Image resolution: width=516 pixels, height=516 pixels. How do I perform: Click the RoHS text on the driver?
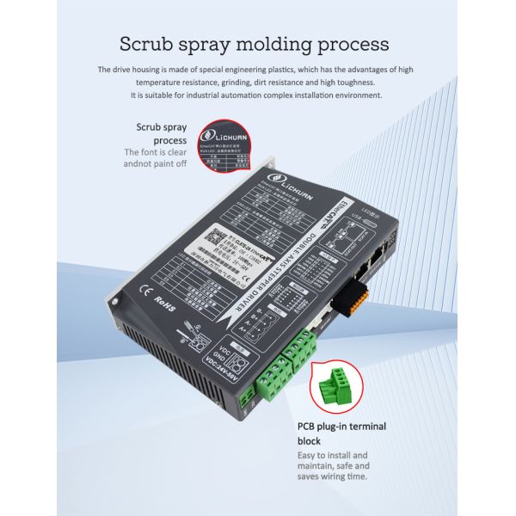point(163,302)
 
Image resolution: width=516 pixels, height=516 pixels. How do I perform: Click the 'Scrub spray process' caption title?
point(161,133)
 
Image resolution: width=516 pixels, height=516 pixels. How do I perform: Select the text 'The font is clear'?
point(156,152)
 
